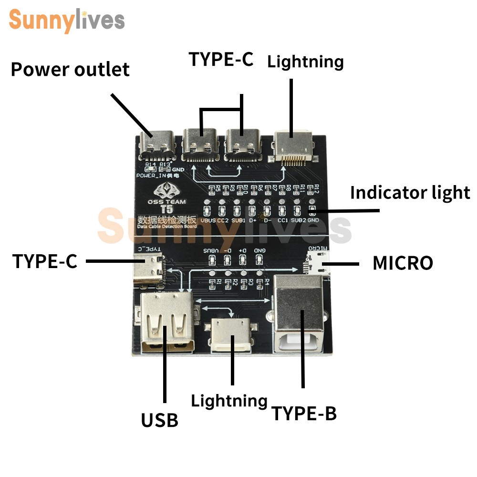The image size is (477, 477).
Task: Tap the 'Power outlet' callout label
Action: pos(70,70)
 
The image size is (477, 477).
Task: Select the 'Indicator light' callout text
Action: pos(410,193)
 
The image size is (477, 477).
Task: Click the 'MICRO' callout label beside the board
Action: pos(403,263)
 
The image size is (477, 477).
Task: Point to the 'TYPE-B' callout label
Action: pos(304,414)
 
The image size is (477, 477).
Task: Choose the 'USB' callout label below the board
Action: pos(159,420)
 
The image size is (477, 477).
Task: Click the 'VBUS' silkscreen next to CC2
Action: pos(208,220)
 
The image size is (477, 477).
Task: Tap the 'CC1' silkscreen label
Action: pos(282,220)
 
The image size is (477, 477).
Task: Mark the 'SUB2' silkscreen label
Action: pos(298,220)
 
